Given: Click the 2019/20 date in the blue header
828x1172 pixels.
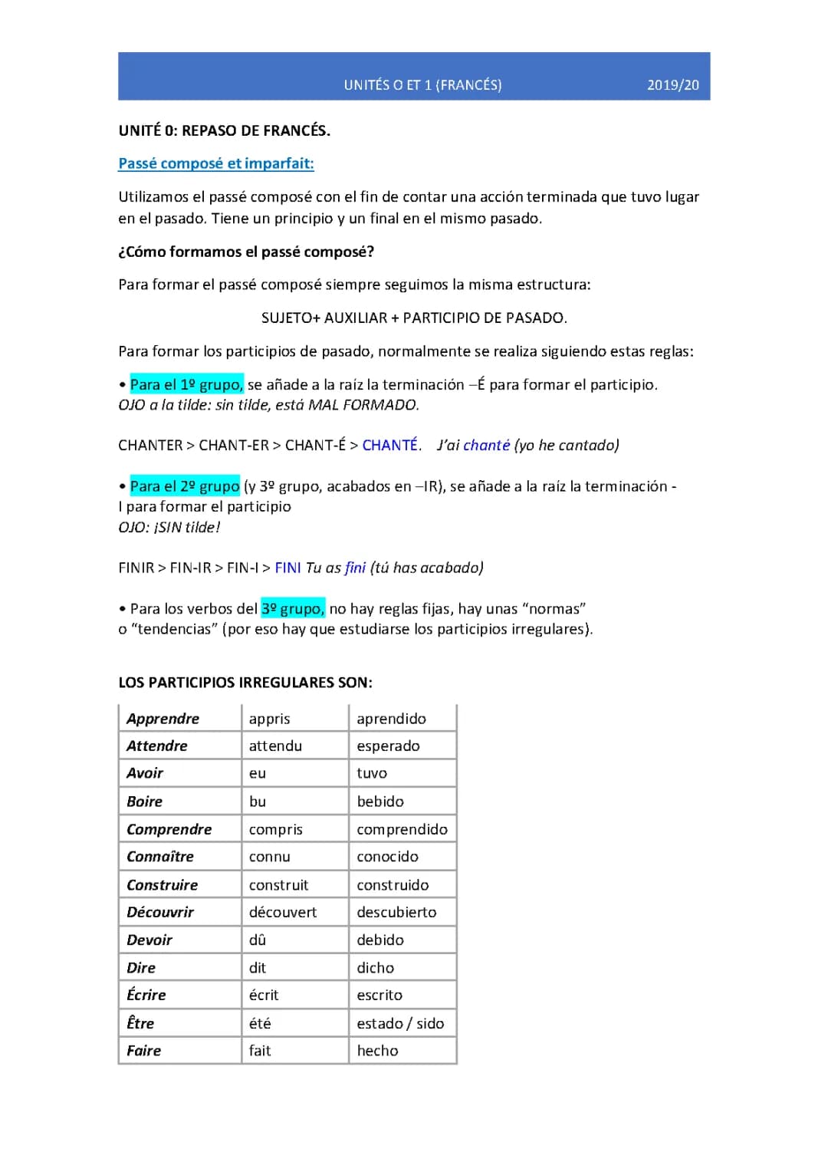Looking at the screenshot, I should pyautogui.click(x=672, y=85).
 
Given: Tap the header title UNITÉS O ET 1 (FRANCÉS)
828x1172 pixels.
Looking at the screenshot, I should pyautogui.click(x=422, y=85).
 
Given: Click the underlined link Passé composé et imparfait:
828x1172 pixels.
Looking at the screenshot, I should pyautogui.click(x=216, y=163).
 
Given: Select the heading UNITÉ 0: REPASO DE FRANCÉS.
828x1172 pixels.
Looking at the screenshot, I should pyautogui.click(x=225, y=130).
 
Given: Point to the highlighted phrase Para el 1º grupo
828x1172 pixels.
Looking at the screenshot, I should pyautogui.click(x=186, y=384).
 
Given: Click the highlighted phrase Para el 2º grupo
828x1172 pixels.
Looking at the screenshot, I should pyautogui.click(x=185, y=486).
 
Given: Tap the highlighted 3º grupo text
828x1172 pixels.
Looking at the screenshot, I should pyautogui.click(x=293, y=608).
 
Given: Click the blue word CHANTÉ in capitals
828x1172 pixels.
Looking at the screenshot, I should pyautogui.click(x=390, y=445).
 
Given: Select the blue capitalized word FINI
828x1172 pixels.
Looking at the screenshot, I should pyautogui.click(x=287, y=568).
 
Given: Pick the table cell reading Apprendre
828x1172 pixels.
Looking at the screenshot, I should pyautogui.click(x=163, y=719).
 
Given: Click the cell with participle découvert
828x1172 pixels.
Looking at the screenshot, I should pyautogui.click(x=282, y=912).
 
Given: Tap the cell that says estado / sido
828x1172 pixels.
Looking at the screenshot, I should pyautogui.click(x=400, y=1023).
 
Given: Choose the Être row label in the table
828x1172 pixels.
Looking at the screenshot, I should pyautogui.click(x=140, y=1023).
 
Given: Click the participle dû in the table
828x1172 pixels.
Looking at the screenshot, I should pyautogui.click(x=257, y=940).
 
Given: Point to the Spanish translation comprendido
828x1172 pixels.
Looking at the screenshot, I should pyautogui.click(x=402, y=829).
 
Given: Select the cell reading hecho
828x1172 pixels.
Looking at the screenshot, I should pyautogui.click(x=377, y=1051).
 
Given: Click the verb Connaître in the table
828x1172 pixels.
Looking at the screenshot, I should pyautogui.click(x=160, y=857).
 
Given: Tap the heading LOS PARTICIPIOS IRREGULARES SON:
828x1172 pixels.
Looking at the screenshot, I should pyautogui.click(x=245, y=683).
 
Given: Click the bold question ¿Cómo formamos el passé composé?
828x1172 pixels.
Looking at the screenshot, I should pyautogui.click(x=246, y=252).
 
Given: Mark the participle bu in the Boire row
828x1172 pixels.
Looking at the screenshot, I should pyautogui.click(x=258, y=802).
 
